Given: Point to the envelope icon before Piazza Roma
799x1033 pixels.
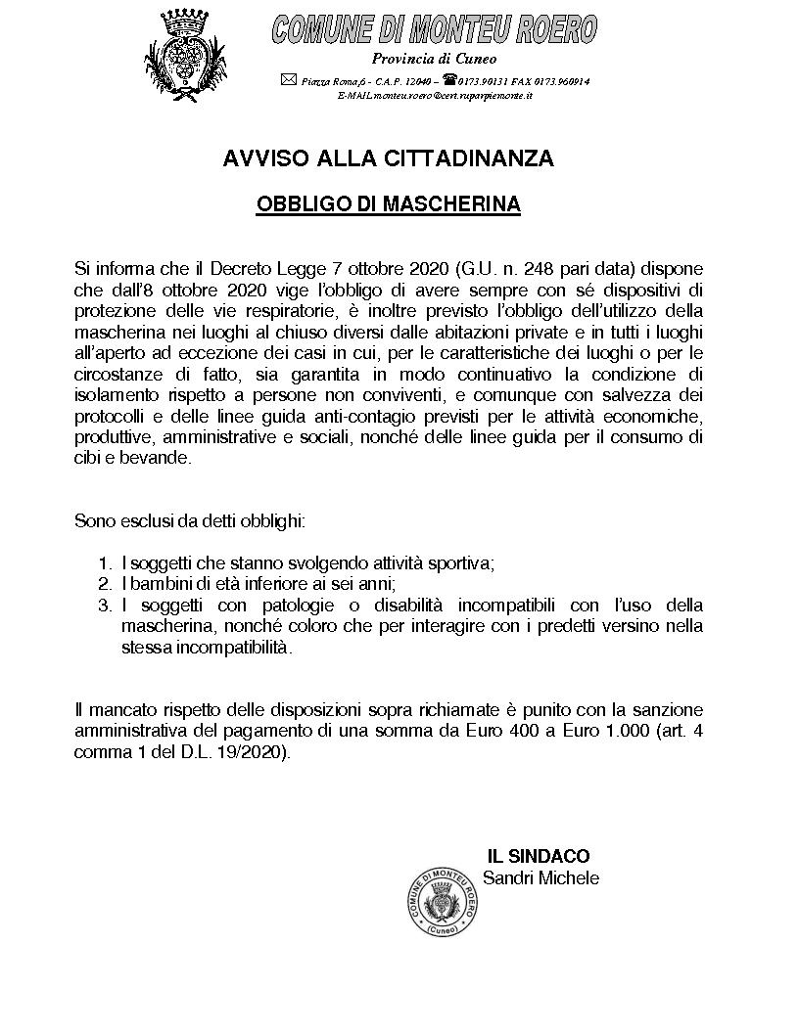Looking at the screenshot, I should pos(288,80).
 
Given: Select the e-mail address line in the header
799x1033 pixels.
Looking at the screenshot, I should pos(435,96).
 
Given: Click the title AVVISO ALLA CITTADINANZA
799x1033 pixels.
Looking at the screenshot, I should pos(388,158).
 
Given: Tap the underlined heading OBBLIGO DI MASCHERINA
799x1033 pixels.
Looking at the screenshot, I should pos(388,205).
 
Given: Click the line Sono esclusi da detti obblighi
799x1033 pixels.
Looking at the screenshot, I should pos(190,520).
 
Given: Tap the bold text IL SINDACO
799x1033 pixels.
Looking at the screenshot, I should pos(539,857).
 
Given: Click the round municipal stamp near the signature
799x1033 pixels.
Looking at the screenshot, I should pos(443,905).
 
